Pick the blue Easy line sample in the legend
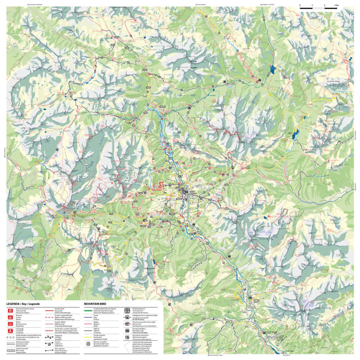[x=88, y=317]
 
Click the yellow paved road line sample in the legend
[x=88, y=337]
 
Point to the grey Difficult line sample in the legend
[x=88, y=330]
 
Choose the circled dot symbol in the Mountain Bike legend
[x=88, y=344]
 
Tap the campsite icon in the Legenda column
[x=10, y=330]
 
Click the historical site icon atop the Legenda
[x=10, y=310]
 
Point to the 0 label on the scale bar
[x=300, y=5]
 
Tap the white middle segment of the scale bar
[x=319, y=8]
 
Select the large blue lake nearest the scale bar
[x=273, y=70]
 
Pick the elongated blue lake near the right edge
[x=295, y=134]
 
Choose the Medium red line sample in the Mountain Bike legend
[x=88, y=323]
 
